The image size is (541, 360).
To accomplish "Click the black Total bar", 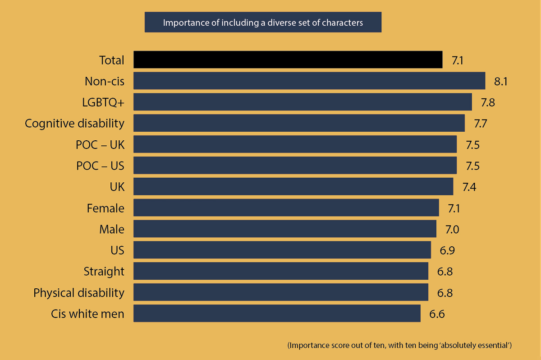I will pos(288,60).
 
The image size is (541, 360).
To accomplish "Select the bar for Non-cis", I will pos(309,81).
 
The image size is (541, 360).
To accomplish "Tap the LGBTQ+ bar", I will pos(303,102).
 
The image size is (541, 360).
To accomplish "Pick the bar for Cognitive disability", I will pos(299,123).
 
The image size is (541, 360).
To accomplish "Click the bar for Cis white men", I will pos(277,314).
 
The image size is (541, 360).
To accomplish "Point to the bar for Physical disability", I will pos(281,292).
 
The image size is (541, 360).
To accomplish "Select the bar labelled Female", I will pos(286,208).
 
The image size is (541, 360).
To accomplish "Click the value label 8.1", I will pos(501,82).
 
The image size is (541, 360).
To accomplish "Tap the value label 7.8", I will pos(488,102).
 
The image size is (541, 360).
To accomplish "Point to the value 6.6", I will pos(437,314).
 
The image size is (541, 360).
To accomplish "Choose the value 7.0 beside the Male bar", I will pos(452,230).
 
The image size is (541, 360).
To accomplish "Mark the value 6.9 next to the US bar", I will pos(447,250).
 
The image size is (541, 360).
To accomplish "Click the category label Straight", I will pos(104,272).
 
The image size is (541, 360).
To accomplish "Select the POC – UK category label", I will pos(100,145).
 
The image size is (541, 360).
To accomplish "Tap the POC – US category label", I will pos(100,166).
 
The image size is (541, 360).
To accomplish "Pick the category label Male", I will pos(112,229).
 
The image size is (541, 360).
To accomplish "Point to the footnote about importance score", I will pos(399,346).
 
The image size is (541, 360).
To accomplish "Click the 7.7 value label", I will pos(480,124).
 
